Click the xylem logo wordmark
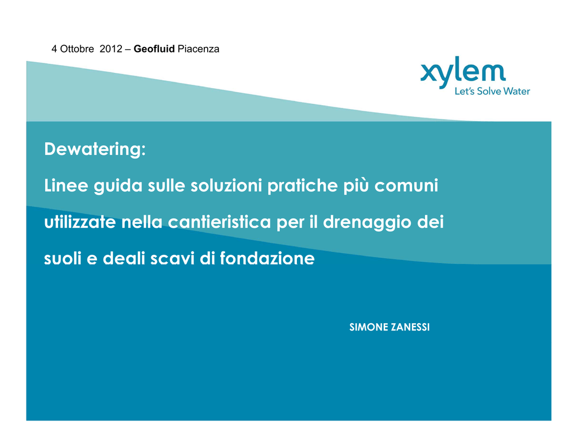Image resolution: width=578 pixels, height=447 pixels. click(x=463, y=71)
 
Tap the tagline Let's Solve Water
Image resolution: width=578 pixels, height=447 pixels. click(x=492, y=91)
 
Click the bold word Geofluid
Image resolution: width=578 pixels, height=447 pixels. click(x=154, y=49)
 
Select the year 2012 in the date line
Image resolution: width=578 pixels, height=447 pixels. click(x=111, y=49)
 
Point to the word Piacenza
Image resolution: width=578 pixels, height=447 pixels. click(x=198, y=49)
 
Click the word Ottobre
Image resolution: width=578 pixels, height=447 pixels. click(x=77, y=49)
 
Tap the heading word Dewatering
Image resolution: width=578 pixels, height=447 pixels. click(x=95, y=150)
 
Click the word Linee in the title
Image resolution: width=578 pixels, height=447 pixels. click(x=67, y=185)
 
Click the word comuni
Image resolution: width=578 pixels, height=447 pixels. click(x=406, y=185)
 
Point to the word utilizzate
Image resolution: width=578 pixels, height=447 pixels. click(x=80, y=222)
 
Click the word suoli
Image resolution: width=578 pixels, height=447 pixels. click(x=63, y=258)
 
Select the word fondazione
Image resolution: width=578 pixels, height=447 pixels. click(x=267, y=258)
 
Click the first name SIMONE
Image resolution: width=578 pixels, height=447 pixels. click(x=368, y=327)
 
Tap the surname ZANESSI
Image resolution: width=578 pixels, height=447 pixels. click(x=410, y=327)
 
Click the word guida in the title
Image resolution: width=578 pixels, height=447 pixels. click(x=118, y=186)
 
